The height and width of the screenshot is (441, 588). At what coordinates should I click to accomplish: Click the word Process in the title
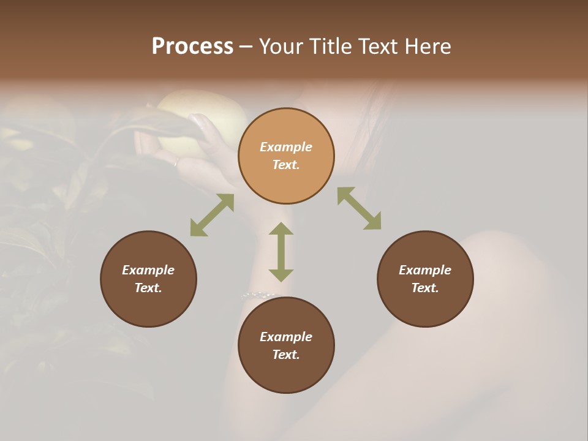192,47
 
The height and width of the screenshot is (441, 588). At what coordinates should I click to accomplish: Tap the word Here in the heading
426,47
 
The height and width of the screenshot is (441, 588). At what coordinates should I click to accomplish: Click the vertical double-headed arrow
281,252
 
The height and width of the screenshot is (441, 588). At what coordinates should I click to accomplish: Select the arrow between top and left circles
212,215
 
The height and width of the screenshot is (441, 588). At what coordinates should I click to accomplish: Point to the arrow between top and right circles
359,208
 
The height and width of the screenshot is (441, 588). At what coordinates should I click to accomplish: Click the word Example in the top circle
286,147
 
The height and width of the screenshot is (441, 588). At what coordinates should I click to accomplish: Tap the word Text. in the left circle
148,288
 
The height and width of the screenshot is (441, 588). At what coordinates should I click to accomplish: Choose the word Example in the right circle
425,270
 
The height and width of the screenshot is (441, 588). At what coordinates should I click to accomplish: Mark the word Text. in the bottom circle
286,355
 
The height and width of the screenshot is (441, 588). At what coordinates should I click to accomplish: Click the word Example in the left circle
148,270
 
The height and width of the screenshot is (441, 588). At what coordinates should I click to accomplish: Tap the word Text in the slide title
377,47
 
